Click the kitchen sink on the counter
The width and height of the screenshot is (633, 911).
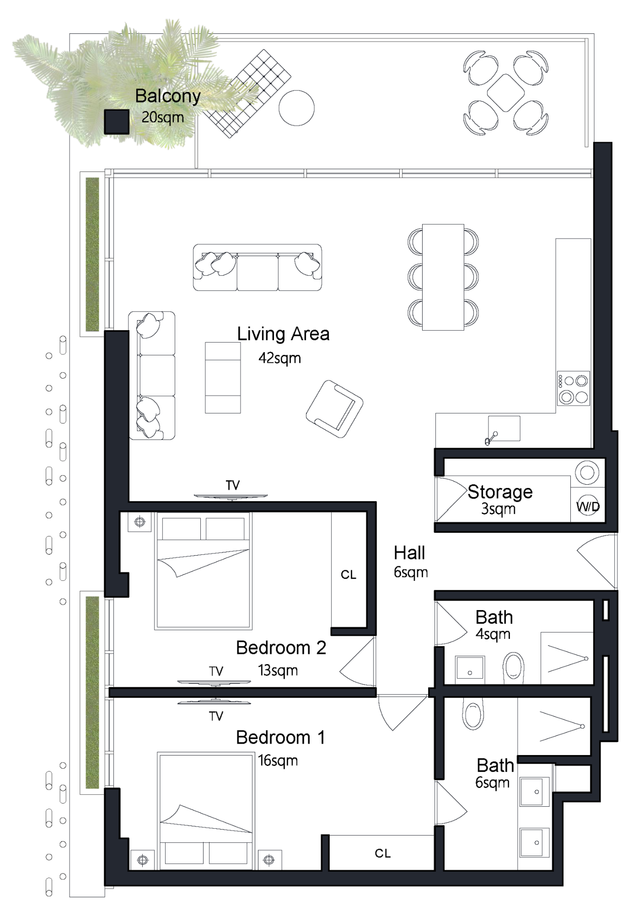pyautogui.click(x=504, y=428)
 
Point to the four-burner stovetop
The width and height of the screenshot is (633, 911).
pyautogui.click(x=574, y=388)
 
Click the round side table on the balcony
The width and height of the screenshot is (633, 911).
pyautogui.click(x=297, y=108)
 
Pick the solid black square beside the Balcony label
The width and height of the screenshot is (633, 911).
pyautogui.click(x=117, y=122)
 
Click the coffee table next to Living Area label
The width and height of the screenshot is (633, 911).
pyautogui.click(x=223, y=378)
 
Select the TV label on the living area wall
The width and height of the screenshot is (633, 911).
pyautogui.click(x=233, y=485)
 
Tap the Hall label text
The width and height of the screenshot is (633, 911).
pyautogui.click(x=409, y=553)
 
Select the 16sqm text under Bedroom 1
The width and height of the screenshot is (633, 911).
pyautogui.click(x=278, y=761)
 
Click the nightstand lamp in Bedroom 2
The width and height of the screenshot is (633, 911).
pyautogui.click(x=139, y=522)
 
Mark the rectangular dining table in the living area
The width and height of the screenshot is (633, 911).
pyautogui.click(x=443, y=277)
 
